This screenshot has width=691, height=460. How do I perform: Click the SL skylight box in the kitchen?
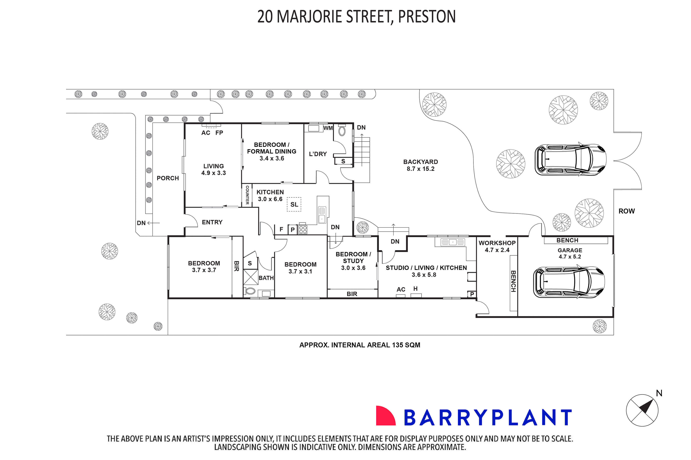click(294, 204)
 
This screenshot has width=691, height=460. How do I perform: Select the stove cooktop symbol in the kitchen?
click(303, 229)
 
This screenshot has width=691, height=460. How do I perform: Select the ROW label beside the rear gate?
click(626, 211)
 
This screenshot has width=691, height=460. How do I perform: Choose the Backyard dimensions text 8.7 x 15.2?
click(420, 169)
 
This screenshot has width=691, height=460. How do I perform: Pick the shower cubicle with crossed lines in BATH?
click(251, 277)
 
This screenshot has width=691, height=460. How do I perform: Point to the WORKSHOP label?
click(497, 243)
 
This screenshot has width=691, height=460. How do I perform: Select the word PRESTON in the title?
click(426, 17)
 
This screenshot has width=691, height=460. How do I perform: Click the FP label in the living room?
click(219, 133)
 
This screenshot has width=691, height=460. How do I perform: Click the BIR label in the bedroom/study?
click(352, 294)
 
